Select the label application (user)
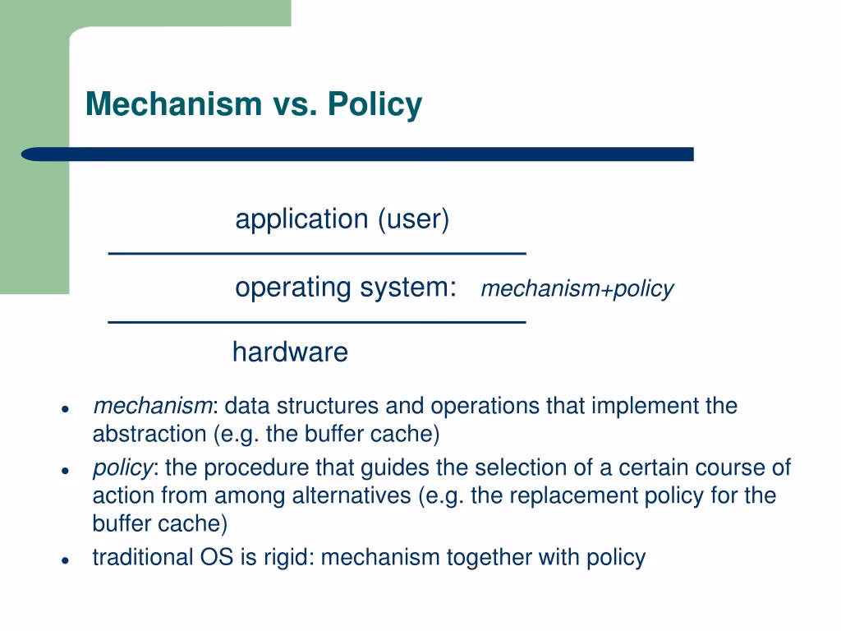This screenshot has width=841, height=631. (342, 219)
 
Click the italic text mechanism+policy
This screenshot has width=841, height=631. (577, 289)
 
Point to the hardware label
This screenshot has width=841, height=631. (290, 352)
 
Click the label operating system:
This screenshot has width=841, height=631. (346, 288)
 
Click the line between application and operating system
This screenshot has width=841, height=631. (317, 251)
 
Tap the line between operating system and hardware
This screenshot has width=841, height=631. (317, 320)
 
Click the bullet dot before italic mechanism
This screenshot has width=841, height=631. (64, 408)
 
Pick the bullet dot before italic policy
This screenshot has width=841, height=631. (64, 470)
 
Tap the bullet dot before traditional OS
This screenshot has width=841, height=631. (64, 560)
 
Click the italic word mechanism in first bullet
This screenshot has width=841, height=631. (153, 406)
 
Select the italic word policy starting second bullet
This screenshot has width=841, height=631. (122, 468)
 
